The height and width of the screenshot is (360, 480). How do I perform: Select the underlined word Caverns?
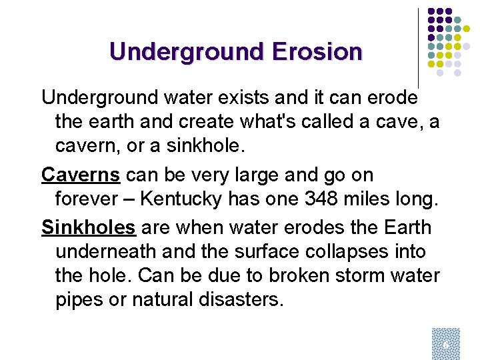click(x=81, y=175)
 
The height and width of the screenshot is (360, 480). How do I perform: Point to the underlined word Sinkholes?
click(x=89, y=227)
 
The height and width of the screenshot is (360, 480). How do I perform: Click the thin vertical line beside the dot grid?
click(x=418, y=47)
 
